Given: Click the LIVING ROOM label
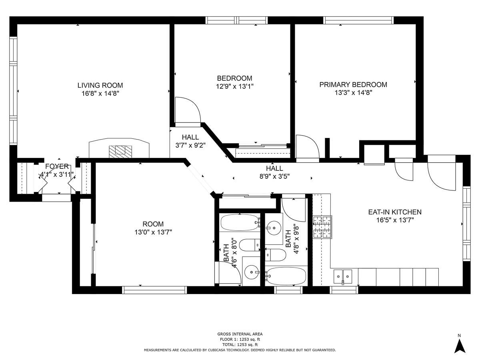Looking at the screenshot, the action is pyautogui.click(x=100, y=85).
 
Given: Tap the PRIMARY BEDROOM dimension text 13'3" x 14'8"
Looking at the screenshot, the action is pyautogui.click(x=353, y=93).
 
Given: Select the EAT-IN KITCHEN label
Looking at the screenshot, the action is pyautogui.click(x=395, y=212).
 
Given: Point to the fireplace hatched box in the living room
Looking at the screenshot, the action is pyautogui.click(x=120, y=152).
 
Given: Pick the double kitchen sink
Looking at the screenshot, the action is pyautogui.click(x=343, y=277).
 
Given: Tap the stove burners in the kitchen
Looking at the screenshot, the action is pyautogui.click(x=322, y=227).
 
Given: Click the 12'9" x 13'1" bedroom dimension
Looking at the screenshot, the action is pyautogui.click(x=235, y=86).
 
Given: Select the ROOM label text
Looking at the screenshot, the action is pyautogui.click(x=153, y=224).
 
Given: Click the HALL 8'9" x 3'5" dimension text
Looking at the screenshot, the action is pyautogui.click(x=274, y=176).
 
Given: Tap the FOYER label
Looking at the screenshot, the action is pyautogui.click(x=57, y=166).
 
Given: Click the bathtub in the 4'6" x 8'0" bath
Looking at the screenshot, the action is pyautogui.click(x=240, y=222).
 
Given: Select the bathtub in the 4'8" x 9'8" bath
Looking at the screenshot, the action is pyautogui.click(x=286, y=276).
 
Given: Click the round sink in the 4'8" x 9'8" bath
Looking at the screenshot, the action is pyautogui.click(x=274, y=228).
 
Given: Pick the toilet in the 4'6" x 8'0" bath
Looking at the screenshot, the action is pyautogui.click(x=250, y=245).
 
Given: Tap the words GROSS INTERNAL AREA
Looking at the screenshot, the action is pyautogui.click(x=240, y=334).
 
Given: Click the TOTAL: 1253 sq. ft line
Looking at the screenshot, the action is pyautogui.click(x=240, y=345).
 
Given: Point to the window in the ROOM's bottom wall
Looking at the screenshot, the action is pyautogui.click(x=154, y=290).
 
